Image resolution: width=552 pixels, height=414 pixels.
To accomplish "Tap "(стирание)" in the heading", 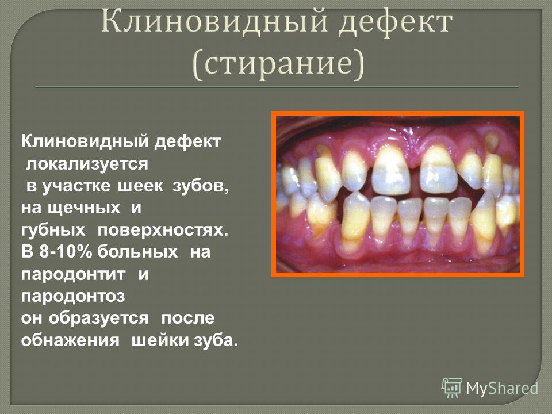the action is pyautogui.click(x=278, y=63).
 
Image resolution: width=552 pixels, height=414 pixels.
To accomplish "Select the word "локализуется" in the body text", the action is pyautogui.click(x=87, y=164).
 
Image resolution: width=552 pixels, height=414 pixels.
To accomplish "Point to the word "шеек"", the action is pyautogui.click(x=140, y=186).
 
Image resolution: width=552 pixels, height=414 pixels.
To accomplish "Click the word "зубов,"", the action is pyautogui.click(x=201, y=186).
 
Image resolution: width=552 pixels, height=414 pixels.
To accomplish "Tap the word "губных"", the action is pyautogui.click(x=53, y=230).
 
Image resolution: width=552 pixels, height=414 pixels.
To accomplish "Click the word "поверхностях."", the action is pyautogui.click(x=163, y=230).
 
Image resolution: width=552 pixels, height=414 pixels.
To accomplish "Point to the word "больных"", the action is pyautogui.click(x=137, y=252).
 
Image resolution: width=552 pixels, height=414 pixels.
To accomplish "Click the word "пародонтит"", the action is pyautogui.click(x=73, y=274).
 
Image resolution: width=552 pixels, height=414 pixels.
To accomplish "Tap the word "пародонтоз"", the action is pyautogui.click(x=73, y=296).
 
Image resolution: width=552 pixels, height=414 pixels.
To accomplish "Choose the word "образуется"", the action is pyautogui.click(x=98, y=318).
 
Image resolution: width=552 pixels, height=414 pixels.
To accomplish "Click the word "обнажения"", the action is pyautogui.click(x=70, y=340).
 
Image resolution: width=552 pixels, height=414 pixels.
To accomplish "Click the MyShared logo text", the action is pyautogui.click(x=502, y=388).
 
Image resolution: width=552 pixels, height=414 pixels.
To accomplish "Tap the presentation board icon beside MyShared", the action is pyautogui.click(x=452, y=388).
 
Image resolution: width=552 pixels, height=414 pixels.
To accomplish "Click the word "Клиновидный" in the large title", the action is pyautogui.click(x=214, y=22).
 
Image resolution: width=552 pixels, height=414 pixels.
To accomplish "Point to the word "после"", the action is pyautogui.click(x=187, y=318).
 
